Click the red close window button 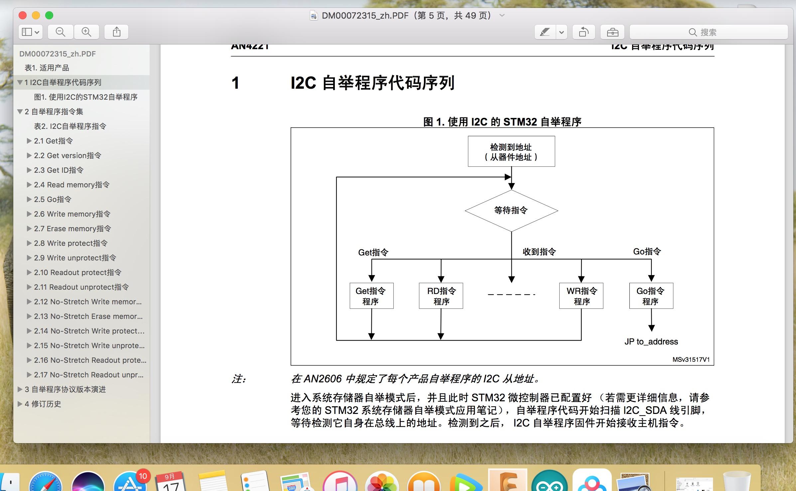[23, 15]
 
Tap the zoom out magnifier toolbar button [60, 32]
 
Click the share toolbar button [116, 32]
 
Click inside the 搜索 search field [708, 32]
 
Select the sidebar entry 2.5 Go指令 [53, 199]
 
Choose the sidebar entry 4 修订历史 [43, 404]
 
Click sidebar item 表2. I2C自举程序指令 [70, 126]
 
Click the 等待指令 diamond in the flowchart [511, 210]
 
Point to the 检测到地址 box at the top [511, 151]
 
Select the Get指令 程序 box [371, 296]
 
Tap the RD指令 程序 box [441, 296]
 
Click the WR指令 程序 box [581, 296]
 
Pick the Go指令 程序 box [651, 296]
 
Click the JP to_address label [651, 342]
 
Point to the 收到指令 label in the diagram [539, 252]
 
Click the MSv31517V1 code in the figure [691, 359]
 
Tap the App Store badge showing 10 [143, 476]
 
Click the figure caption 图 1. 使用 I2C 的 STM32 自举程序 [502, 122]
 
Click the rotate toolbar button [584, 32]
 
